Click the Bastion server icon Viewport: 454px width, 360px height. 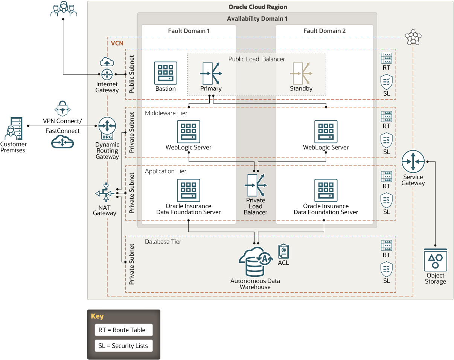166,73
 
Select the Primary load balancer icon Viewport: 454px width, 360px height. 211,73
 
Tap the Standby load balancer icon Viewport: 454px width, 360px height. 301,73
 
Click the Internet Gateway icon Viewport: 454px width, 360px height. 107,69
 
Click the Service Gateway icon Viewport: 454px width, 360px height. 413,162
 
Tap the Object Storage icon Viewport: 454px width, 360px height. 435,260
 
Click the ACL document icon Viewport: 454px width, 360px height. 283,251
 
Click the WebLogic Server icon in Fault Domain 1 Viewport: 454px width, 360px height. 189,132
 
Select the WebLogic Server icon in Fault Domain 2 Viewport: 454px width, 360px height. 326,132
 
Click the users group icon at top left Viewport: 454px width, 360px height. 64,9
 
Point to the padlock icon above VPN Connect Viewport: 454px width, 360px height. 62,108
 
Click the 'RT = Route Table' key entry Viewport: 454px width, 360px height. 123,330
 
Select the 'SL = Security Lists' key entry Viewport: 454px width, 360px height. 123,346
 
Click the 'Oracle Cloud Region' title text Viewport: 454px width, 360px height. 258,7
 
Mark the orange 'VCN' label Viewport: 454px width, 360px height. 117,43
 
